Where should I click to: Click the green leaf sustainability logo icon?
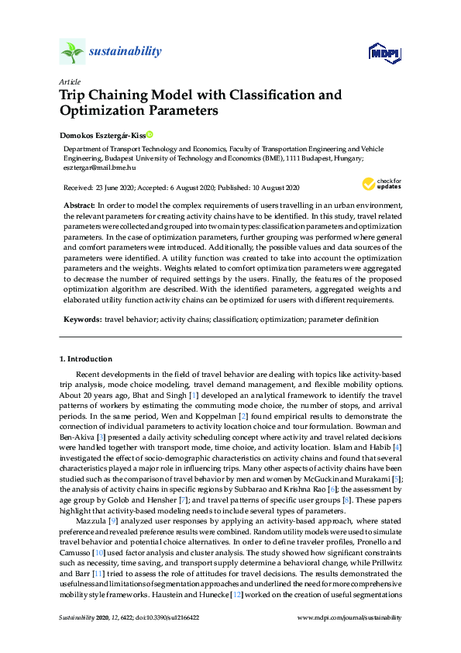(x=72, y=53)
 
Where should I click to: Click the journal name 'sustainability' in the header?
(x=125, y=52)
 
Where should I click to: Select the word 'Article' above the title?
(x=68, y=81)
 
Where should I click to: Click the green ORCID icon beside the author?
(x=150, y=134)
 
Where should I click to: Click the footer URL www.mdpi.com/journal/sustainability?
(x=350, y=617)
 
